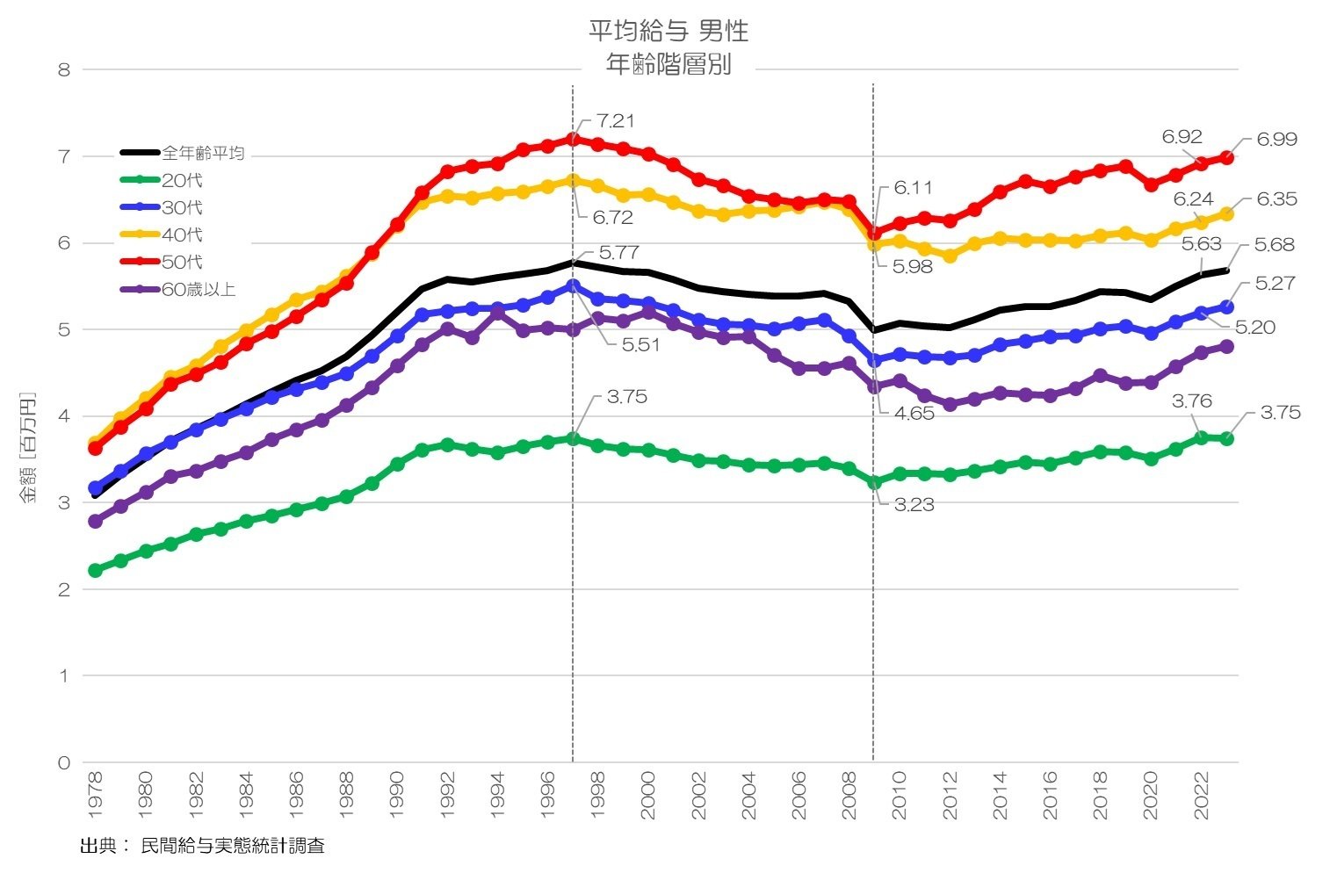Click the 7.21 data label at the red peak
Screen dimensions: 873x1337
615,121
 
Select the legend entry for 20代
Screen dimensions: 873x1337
182,181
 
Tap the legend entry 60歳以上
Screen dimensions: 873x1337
199,290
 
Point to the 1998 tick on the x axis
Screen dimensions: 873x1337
598,796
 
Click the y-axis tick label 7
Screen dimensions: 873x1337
64,156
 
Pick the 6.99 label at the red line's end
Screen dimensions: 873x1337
1276,140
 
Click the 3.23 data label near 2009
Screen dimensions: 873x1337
914,505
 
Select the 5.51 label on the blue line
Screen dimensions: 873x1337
640,345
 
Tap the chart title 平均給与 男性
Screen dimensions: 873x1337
668,32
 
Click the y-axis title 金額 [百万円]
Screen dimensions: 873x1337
30,448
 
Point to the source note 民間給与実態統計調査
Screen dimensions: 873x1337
233,847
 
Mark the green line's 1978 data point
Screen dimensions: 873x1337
96,571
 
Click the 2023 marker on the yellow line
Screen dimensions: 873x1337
1227,214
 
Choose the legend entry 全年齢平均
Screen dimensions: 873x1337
203,154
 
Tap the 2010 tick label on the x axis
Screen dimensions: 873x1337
899,796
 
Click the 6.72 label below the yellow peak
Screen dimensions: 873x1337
613,218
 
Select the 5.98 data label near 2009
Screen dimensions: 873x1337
912,267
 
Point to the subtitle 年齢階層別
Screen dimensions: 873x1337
668,65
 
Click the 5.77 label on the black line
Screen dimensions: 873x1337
618,254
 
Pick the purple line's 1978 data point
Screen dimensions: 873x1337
96,522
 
